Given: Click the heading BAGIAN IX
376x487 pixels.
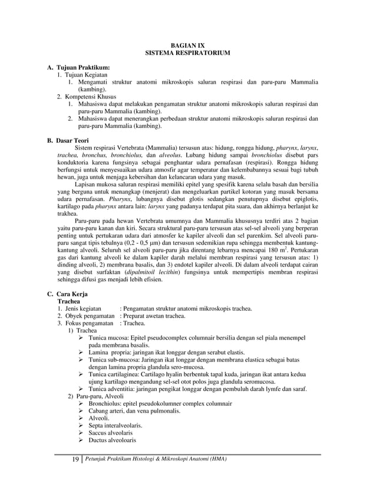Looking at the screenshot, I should [x=188, y=45].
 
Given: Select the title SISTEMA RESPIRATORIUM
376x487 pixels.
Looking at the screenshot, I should [x=188, y=53].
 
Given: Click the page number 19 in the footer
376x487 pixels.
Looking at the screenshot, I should [x=66, y=460].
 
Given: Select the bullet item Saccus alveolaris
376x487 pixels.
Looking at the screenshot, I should [x=114, y=432].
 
